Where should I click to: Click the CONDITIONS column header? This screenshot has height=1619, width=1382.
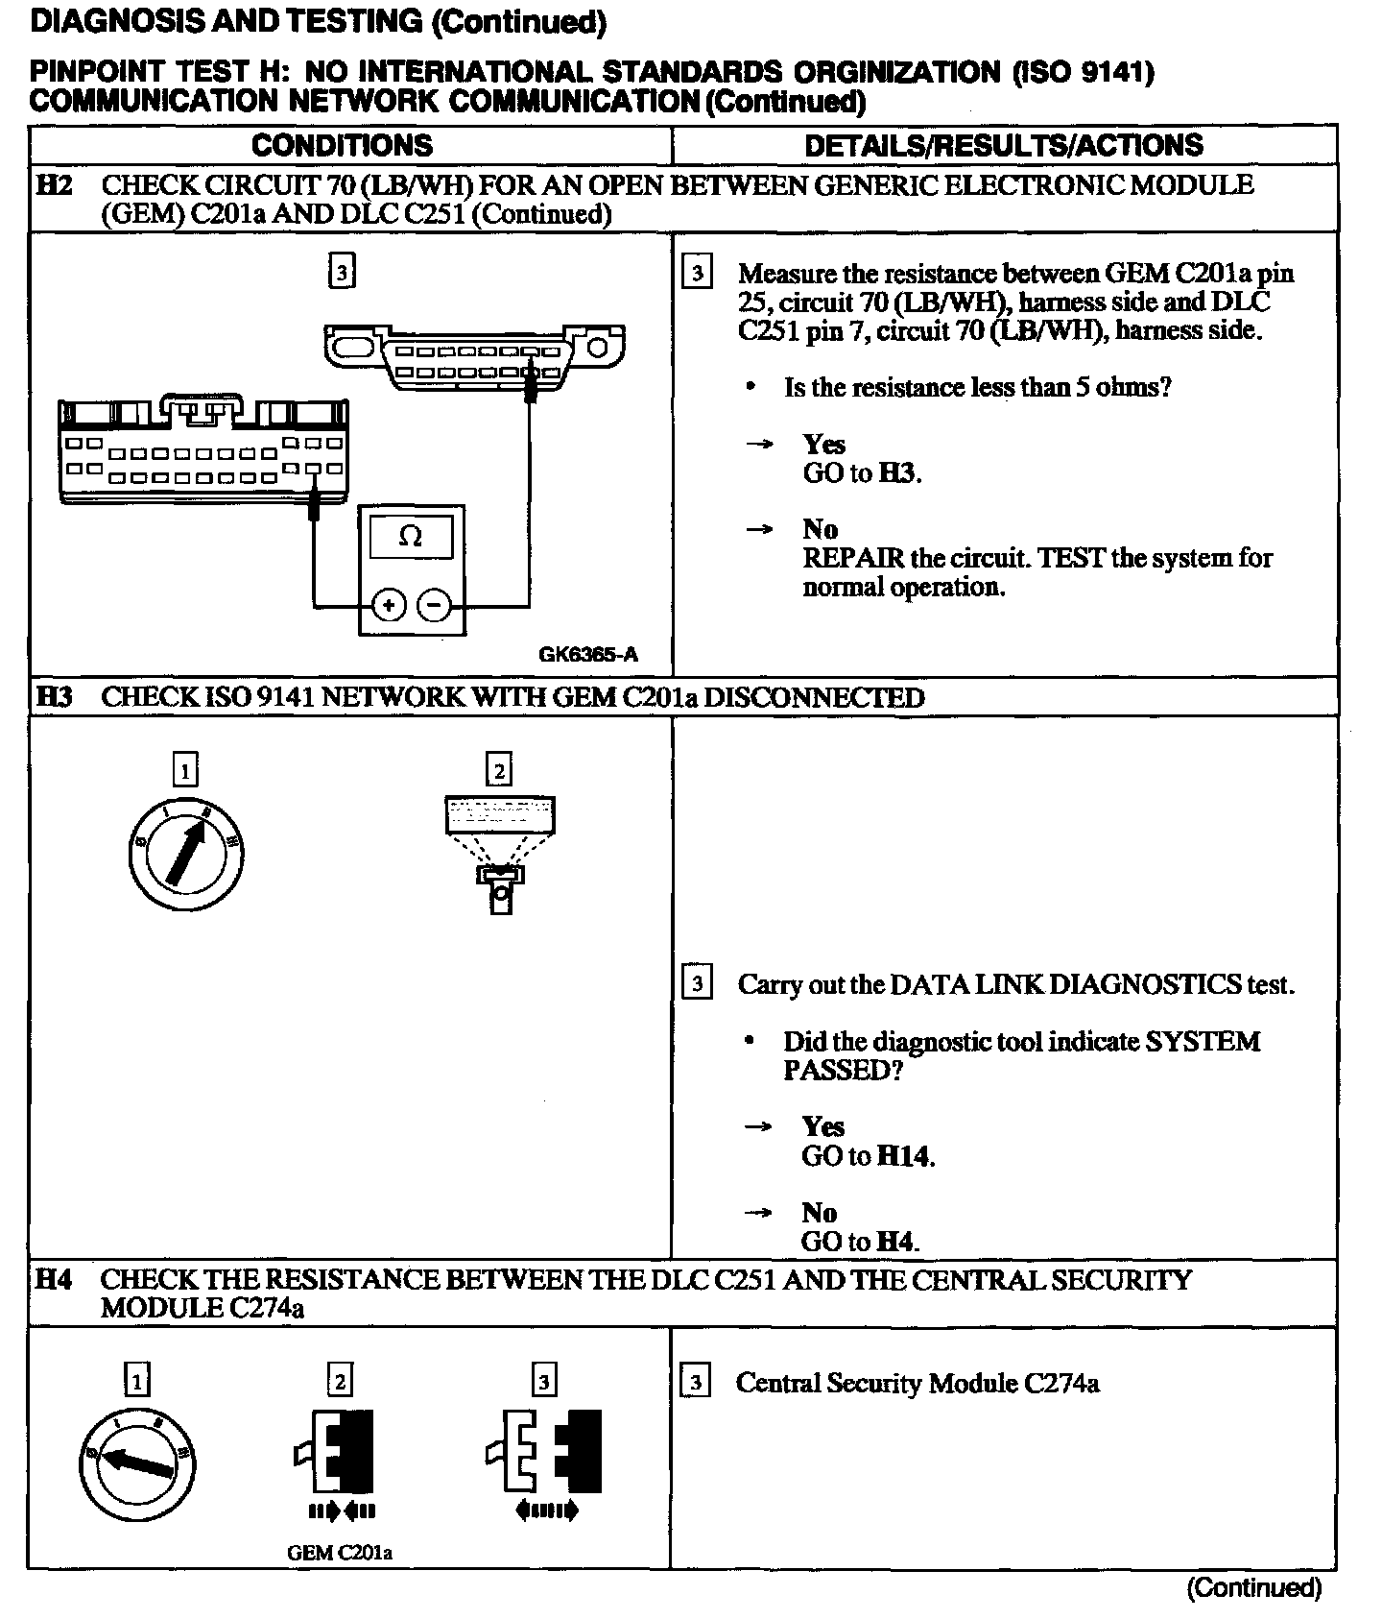(x=342, y=145)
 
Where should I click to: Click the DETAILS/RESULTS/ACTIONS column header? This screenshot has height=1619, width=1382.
(x=1003, y=145)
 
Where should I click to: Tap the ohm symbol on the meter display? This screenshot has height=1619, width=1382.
(x=410, y=537)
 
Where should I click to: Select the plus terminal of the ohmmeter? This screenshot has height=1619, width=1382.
(x=389, y=605)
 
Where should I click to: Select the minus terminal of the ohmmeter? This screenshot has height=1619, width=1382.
(x=435, y=605)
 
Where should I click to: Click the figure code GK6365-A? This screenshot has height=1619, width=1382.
(x=587, y=655)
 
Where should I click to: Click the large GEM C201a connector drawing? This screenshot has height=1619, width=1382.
(x=203, y=449)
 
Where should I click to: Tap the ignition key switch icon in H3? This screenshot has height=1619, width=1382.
(x=186, y=853)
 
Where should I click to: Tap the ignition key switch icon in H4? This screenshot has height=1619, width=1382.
(x=138, y=1461)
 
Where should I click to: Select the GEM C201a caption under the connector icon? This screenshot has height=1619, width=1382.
(x=340, y=1553)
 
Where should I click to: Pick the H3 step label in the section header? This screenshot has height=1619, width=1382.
(x=54, y=697)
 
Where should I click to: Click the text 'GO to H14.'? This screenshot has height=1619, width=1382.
(x=868, y=1156)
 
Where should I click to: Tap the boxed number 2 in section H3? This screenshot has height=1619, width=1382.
(x=499, y=770)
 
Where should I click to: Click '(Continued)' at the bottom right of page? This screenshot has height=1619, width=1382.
(x=1253, y=1588)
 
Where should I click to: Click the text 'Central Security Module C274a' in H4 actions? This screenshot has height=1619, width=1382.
(x=917, y=1383)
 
